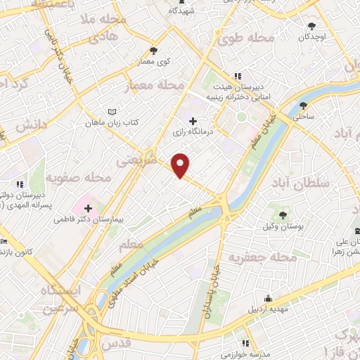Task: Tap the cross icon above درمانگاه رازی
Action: click(193, 121)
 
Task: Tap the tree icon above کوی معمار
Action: click(154, 51)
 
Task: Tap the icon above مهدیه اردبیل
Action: click(266, 298)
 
